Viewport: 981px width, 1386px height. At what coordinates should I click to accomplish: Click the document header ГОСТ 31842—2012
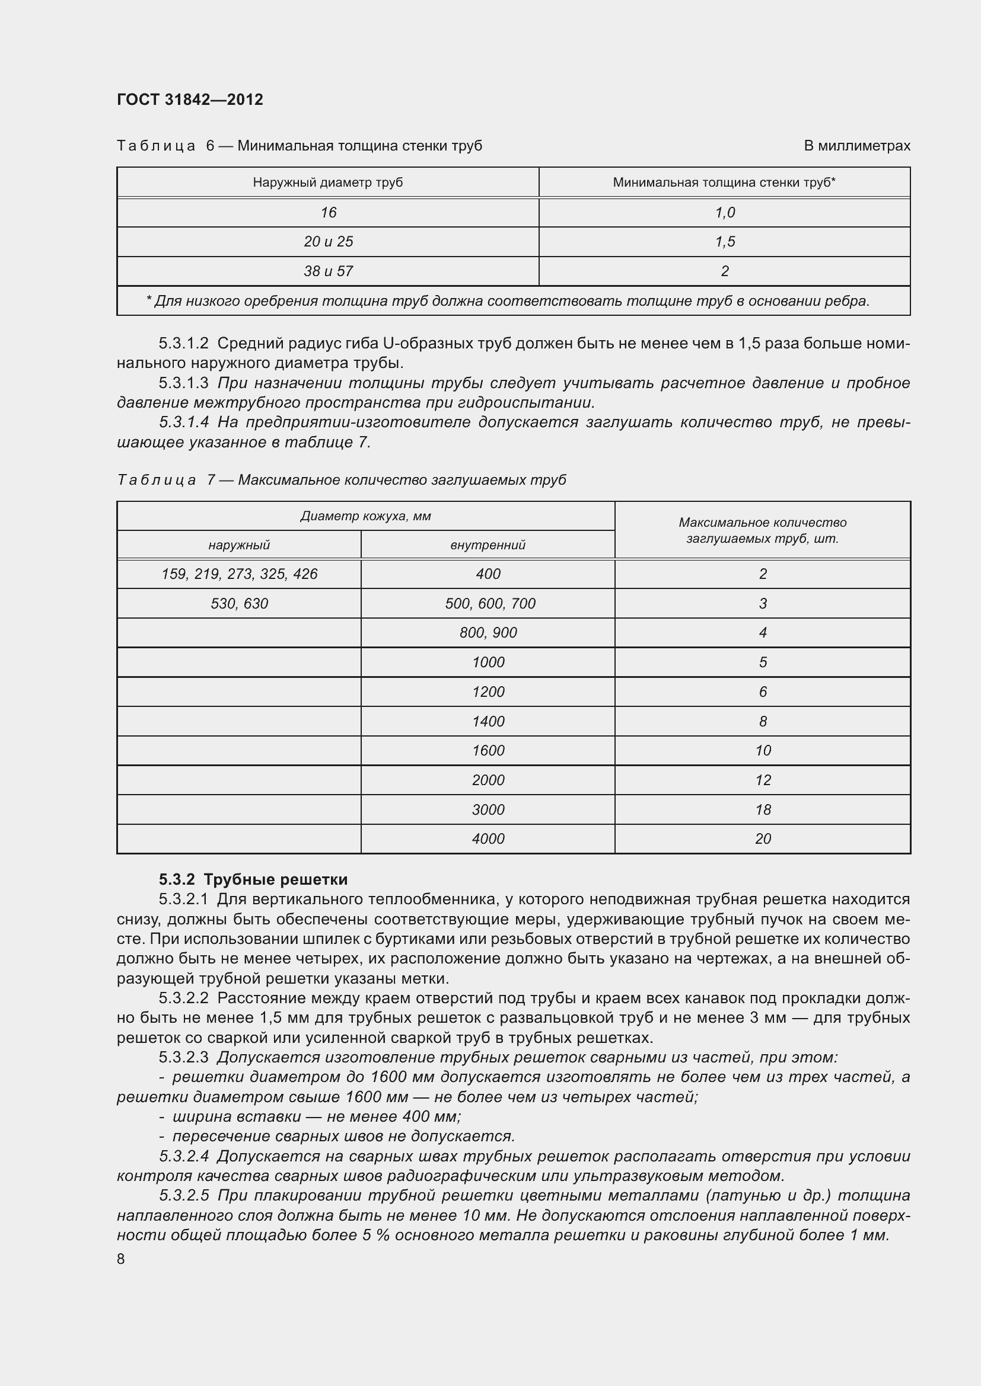(190, 100)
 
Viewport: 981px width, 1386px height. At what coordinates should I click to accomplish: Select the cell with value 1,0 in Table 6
(724, 213)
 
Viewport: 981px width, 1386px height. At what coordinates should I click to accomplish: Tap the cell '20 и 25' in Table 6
(328, 242)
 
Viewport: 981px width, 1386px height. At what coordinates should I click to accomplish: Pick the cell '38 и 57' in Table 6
(328, 271)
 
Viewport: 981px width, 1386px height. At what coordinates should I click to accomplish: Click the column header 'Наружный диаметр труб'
(327, 183)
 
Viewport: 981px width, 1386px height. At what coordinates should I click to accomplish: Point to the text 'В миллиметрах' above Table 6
(856, 146)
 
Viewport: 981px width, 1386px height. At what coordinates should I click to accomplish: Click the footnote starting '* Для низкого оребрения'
(508, 301)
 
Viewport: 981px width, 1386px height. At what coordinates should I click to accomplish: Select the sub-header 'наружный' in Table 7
(238, 545)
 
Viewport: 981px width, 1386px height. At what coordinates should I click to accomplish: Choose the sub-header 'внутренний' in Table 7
(488, 545)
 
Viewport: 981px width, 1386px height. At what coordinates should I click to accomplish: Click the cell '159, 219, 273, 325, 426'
(239, 574)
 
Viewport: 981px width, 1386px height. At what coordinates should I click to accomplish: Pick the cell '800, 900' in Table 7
(488, 633)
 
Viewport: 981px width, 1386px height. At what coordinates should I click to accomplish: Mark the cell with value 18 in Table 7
(762, 809)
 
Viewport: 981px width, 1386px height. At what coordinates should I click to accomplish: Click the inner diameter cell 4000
(488, 838)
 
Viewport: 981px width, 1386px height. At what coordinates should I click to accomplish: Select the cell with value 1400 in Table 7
(488, 721)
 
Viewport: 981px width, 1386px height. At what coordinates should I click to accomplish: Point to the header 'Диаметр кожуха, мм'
(365, 516)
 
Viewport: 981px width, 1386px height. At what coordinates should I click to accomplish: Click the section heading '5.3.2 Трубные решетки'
(253, 879)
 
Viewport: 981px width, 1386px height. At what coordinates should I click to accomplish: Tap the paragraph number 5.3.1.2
(184, 344)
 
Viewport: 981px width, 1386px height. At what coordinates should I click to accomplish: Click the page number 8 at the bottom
(121, 1259)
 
